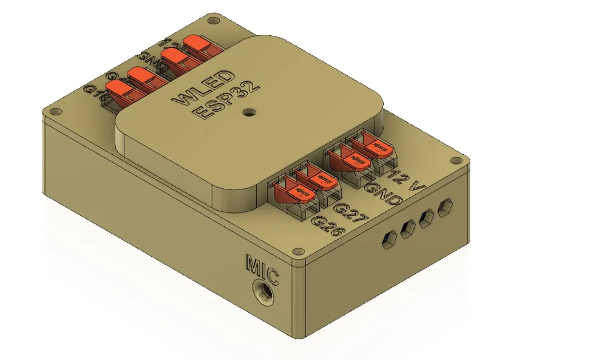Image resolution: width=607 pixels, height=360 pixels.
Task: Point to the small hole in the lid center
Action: pyautogui.click(x=248, y=112)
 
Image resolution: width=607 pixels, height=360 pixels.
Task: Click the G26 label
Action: pyautogui.click(x=328, y=226)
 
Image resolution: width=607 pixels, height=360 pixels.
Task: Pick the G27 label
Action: pyautogui.click(x=350, y=212)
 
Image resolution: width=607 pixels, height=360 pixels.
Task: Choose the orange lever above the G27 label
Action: pyautogui.click(x=318, y=180)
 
